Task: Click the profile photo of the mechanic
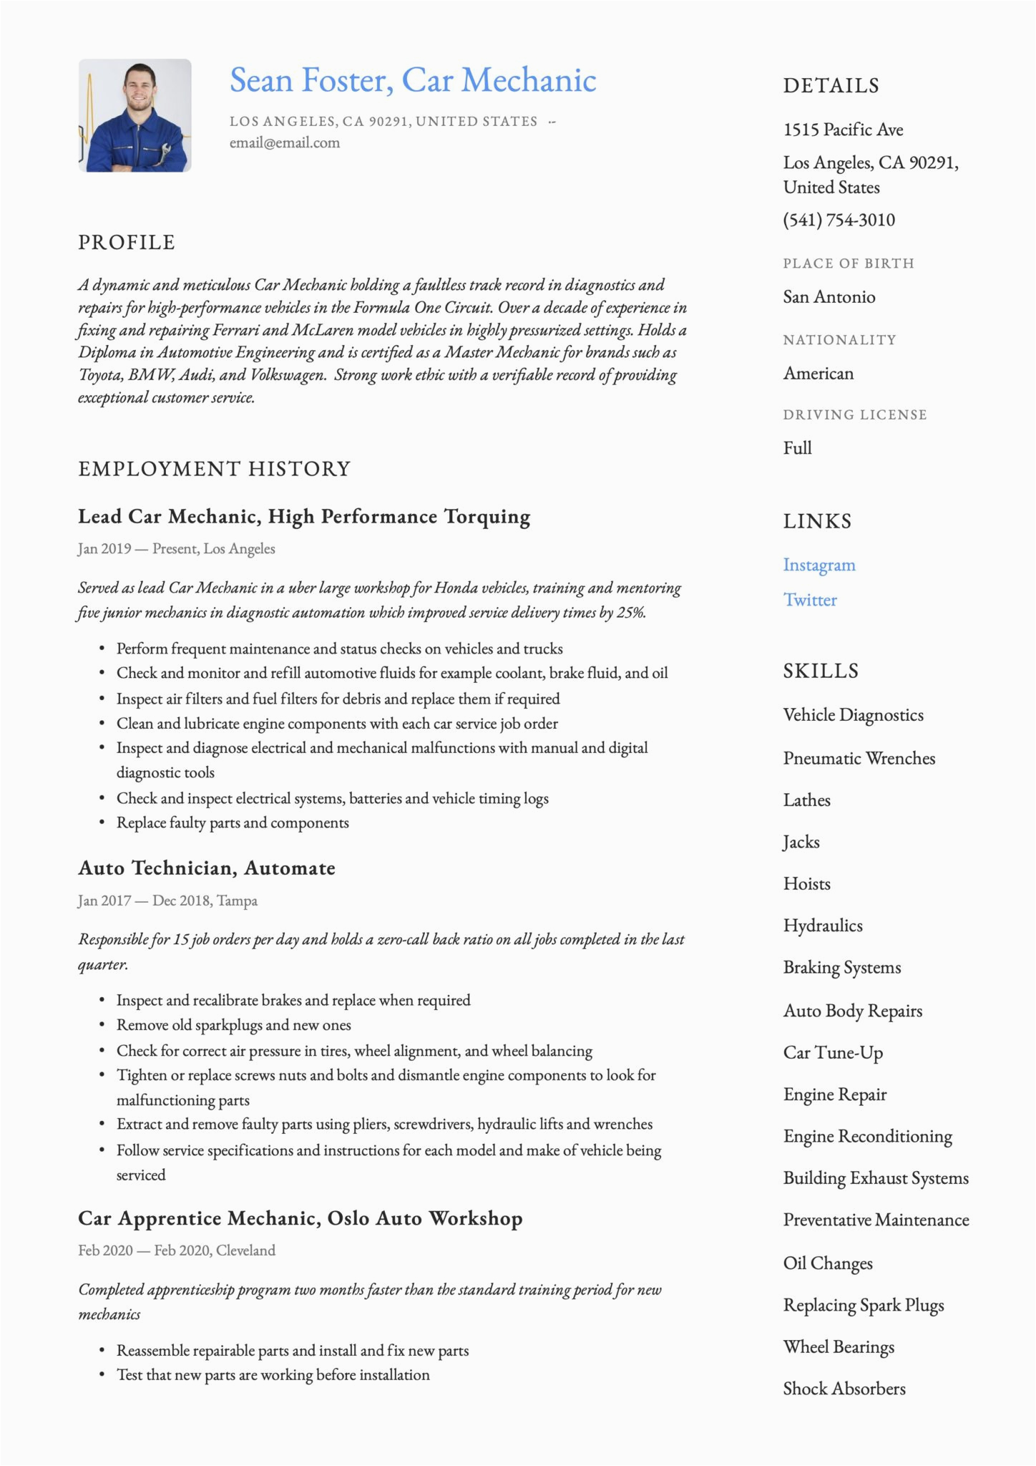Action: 135,115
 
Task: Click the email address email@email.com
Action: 285,143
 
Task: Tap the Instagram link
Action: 819,565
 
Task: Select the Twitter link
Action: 810,600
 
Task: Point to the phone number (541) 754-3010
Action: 839,220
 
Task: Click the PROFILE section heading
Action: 127,243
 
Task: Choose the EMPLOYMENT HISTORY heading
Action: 215,469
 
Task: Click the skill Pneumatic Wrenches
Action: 859,758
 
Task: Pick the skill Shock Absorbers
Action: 844,1389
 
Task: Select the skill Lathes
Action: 806,800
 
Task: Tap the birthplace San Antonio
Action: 829,297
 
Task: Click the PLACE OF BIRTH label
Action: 849,263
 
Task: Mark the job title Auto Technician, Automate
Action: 207,868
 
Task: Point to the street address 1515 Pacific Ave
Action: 843,130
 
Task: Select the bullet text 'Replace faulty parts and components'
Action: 233,823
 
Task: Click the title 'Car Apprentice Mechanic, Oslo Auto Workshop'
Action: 300,1218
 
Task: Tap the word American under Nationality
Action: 818,374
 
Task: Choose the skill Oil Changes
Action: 828,1263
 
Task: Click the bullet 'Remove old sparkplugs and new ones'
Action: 234,1025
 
